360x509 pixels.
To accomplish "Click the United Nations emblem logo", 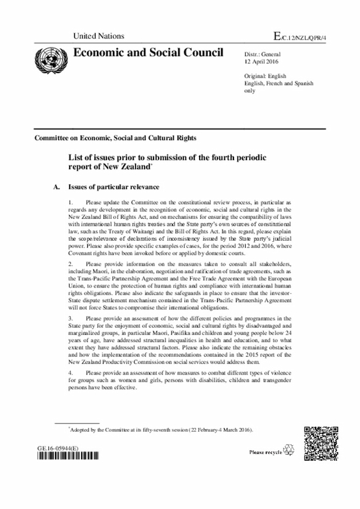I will [x=49, y=58].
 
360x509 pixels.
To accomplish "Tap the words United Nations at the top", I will [x=98, y=37].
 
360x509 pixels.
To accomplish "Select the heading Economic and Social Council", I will [x=148, y=53].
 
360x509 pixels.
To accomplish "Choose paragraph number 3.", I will [x=70, y=318].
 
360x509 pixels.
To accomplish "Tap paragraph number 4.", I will [x=70, y=372].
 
